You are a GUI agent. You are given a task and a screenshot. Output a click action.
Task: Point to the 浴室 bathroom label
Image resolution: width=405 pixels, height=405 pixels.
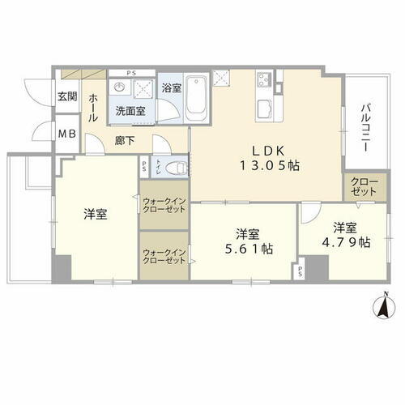pos(170,87)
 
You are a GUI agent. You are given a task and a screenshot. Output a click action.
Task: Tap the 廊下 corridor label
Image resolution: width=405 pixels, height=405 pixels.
pos(123,139)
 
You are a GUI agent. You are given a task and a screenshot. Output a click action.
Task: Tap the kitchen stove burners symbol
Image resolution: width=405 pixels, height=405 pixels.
pos(264,80)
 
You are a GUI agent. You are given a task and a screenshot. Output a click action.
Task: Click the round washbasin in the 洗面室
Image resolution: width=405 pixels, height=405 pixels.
pos(120,87)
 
